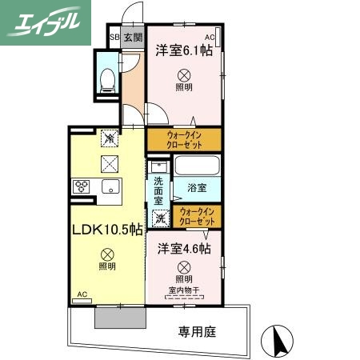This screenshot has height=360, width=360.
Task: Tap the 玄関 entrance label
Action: (133, 38)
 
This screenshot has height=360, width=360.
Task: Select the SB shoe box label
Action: (114, 38)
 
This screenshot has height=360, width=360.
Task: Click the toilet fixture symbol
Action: (106, 77)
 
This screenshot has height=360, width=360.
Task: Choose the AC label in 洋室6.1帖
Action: (210, 38)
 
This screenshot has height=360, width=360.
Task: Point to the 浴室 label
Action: (197, 188)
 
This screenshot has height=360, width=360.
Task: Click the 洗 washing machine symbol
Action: (160, 217)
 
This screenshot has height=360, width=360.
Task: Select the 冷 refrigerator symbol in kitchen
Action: (107, 139)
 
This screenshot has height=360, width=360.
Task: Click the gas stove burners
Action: (82, 186)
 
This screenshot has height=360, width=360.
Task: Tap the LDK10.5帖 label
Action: (107, 230)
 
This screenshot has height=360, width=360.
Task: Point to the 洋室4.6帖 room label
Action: (183, 249)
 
